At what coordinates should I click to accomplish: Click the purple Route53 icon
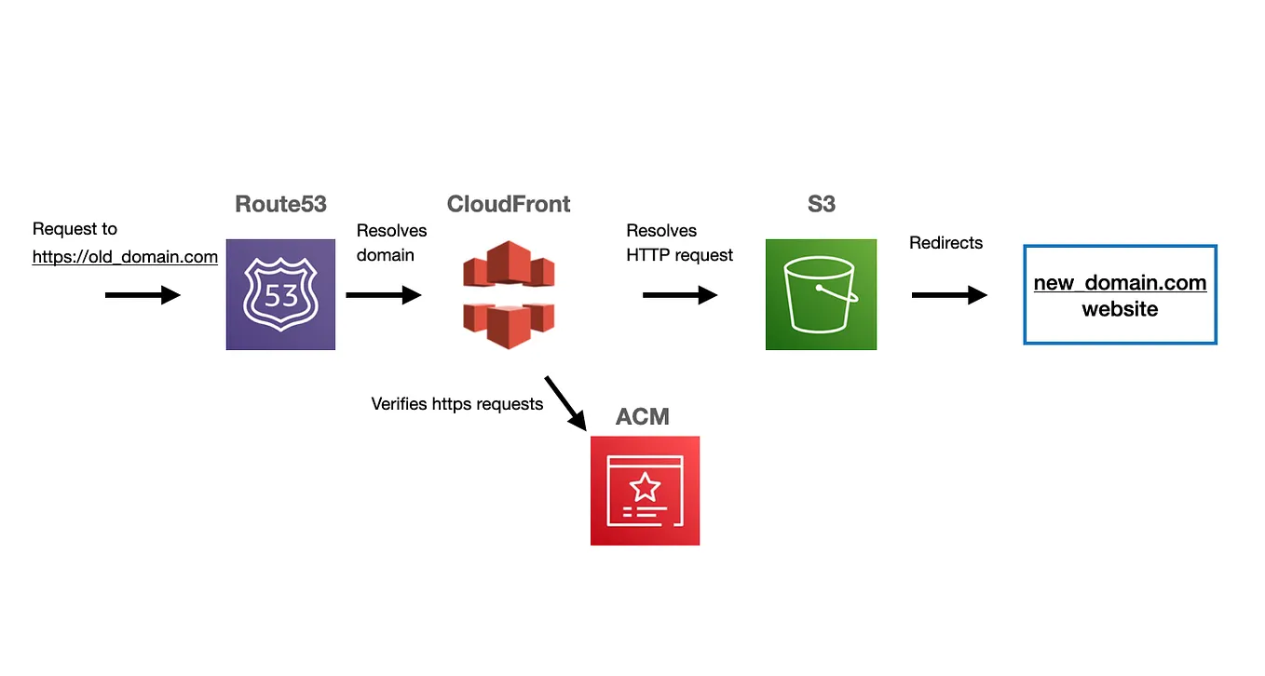(280, 294)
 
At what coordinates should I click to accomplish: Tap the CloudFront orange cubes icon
(509, 294)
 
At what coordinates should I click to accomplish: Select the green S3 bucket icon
(821, 294)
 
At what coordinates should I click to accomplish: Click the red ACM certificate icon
(645, 491)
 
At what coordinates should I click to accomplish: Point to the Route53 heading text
(280, 204)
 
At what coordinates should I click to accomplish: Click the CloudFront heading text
(509, 204)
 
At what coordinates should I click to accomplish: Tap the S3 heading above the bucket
(821, 204)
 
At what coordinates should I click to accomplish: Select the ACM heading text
(642, 416)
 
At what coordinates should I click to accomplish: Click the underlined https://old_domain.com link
(125, 257)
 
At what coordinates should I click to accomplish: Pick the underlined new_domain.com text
(1120, 283)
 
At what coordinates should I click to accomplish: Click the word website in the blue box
(1120, 309)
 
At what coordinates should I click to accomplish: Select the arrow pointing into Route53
(143, 295)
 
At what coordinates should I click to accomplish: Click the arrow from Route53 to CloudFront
(383, 295)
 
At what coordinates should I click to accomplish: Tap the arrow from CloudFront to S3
(680, 295)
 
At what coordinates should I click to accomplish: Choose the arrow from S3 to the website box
(949, 295)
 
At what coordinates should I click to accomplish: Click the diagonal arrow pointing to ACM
(567, 402)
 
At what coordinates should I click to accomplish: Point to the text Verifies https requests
(456, 404)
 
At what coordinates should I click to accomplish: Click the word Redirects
(945, 243)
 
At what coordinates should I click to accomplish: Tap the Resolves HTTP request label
(679, 243)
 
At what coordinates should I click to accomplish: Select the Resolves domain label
(391, 242)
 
